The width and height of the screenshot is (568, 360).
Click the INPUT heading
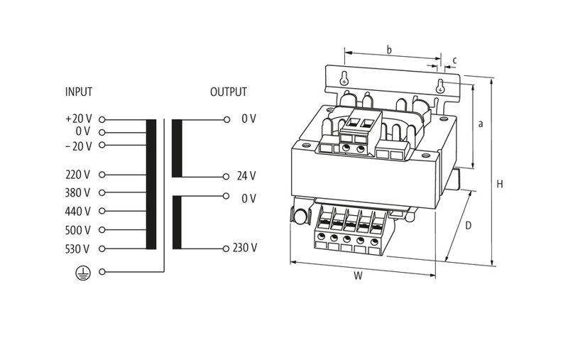[79, 92]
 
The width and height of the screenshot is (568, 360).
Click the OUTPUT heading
[228, 92]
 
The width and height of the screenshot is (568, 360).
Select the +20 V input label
[79, 119]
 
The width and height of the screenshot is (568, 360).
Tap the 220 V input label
[77, 175]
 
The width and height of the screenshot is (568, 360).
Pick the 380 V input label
[77, 192]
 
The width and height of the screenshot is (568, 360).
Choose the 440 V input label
[77, 211]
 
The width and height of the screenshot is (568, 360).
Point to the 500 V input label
[77, 230]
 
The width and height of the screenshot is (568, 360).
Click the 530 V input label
[77, 249]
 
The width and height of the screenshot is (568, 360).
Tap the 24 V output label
[246, 176]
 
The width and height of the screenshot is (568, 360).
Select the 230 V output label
[245, 248]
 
